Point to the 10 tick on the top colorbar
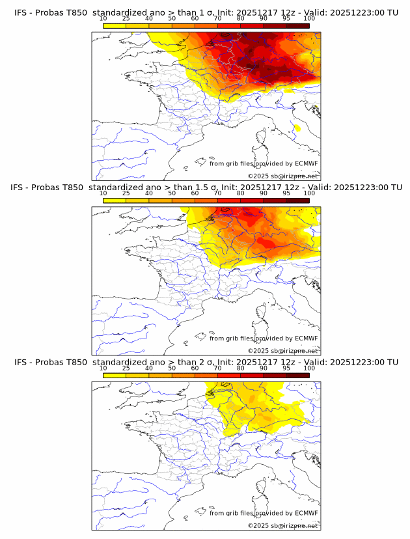103,19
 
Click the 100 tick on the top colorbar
309,19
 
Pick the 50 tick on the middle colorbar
172,193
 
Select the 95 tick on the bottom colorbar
286,368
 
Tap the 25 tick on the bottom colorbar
126,368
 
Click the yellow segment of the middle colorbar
115,200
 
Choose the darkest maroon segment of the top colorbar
297,26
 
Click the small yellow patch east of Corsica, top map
297,128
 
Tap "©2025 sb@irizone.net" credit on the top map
282,176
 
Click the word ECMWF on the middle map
306,339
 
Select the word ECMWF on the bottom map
306,513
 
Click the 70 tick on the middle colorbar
218,193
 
